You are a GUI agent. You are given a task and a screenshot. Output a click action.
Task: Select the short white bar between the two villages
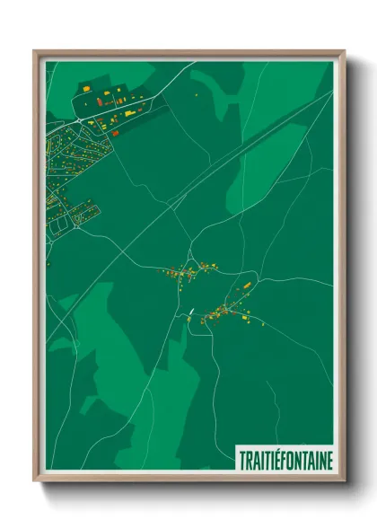pyautogui.click(x=191, y=312)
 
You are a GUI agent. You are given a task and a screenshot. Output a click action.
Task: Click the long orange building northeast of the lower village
pyautogui.click(x=247, y=286)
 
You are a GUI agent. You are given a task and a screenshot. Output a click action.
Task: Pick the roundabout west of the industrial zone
pyautogui.click(x=78, y=119)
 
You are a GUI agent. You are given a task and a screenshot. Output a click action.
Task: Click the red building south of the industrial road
pyautogui.click(x=115, y=133)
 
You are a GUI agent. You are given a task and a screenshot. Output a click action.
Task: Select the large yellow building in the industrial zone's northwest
pyautogui.click(x=88, y=90)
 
